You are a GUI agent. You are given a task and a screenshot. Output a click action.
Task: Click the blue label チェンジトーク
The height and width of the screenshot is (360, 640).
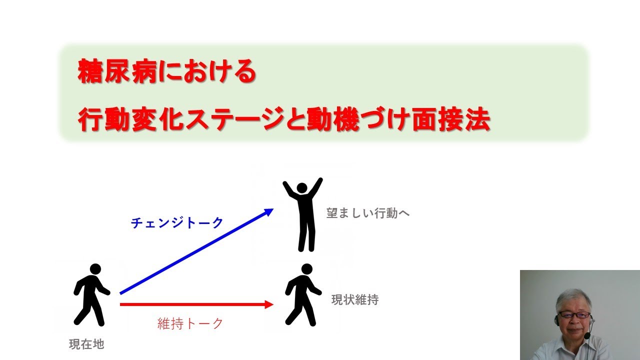[177, 223]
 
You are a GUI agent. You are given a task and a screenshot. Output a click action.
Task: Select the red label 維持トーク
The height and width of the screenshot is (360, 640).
[190, 324]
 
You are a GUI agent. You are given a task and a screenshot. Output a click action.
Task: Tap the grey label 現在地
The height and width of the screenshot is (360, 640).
[86, 344]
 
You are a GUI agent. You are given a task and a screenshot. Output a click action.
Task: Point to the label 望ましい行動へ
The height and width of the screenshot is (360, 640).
[368, 213]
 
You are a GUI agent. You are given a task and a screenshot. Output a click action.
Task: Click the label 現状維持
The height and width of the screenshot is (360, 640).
[355, 300]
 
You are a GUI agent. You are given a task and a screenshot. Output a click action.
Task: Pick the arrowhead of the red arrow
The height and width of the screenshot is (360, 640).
[270, 304]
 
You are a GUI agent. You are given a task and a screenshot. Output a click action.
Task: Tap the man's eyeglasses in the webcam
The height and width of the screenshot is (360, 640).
[573, 315]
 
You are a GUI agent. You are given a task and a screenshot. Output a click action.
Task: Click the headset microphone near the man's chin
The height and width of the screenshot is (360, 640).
[588, 335]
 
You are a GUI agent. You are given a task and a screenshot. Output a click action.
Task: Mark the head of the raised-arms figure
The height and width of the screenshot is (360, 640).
[302, 188]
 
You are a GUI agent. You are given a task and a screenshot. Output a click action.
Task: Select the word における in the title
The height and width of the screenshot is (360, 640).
[210, 72]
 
